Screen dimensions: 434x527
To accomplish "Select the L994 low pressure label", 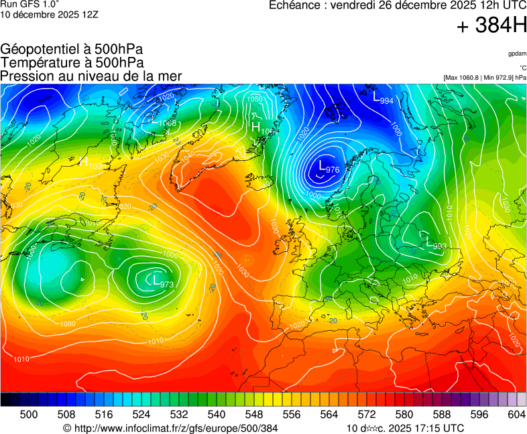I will point(383,98).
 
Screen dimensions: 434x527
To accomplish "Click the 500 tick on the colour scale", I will point(29,415).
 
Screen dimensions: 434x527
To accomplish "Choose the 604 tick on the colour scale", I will point(516,415).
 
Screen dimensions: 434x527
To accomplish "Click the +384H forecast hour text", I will point(491,27).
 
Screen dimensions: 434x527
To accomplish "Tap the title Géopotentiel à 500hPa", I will point(72,50).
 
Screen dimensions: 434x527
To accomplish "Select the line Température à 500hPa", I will point(72,62).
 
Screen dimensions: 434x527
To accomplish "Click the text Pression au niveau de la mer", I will point(91,76).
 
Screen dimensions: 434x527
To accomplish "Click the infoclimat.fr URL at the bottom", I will point(170,427).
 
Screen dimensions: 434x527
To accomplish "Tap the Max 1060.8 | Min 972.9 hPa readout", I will point(485,78).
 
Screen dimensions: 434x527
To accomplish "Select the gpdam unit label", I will point(517,53).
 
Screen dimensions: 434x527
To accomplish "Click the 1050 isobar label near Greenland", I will point(255,99).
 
